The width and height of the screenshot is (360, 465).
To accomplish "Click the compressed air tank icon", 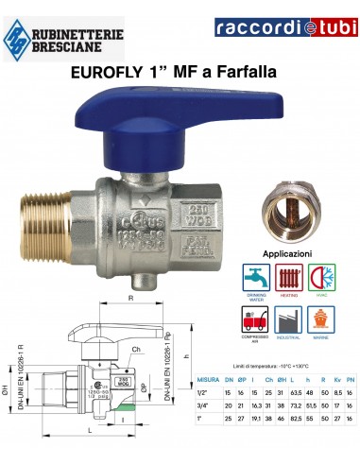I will (x=256, y=303).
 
